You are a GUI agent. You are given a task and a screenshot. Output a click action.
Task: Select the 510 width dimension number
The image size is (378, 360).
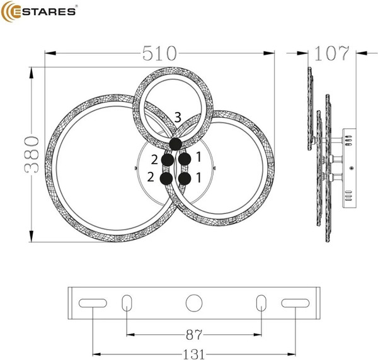(x=159, y=53)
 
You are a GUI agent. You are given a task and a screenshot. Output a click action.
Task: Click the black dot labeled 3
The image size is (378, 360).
(x=176, y=144)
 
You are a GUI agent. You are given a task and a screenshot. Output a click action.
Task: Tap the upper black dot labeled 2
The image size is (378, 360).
(x=168, y=160)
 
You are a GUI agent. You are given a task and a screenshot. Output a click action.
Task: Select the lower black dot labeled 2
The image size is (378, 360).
(x=166, y=179)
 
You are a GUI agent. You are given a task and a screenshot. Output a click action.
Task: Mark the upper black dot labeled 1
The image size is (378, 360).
(x=184, y=160)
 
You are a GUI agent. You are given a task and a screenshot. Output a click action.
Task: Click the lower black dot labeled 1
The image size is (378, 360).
(x=184, y=179)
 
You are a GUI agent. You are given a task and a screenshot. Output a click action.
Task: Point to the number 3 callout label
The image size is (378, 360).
(x=178, y=118)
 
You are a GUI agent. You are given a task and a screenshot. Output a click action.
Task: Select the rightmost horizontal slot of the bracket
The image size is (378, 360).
(x=293, y=303)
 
